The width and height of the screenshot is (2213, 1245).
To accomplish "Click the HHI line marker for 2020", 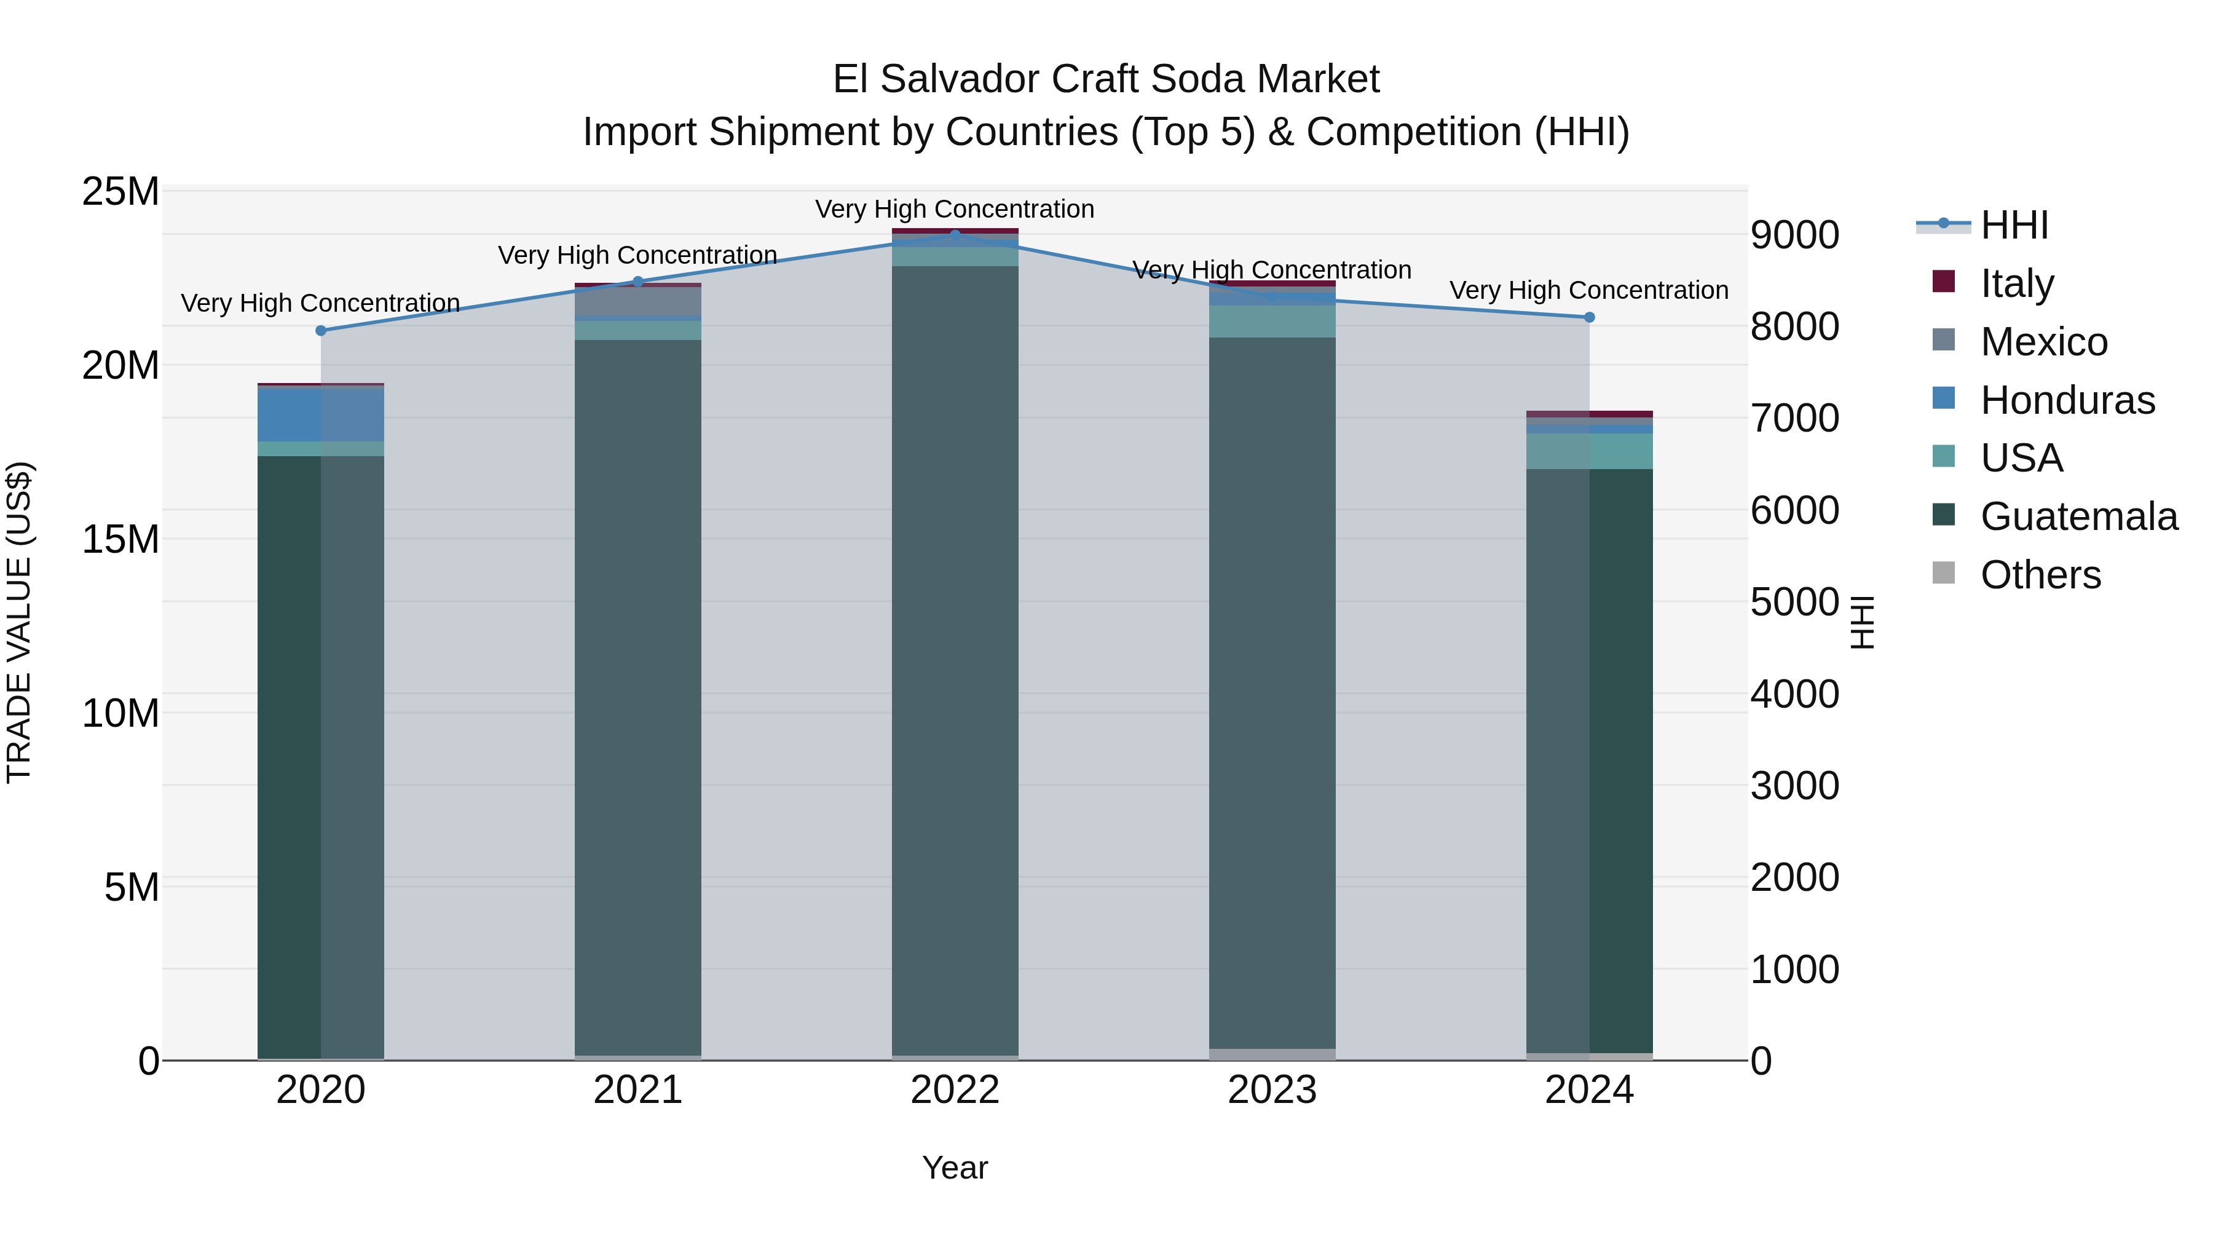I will click(320, 331).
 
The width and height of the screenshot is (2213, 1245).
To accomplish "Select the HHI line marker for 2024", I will click(1589, 317).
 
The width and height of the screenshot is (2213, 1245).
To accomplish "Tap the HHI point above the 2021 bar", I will click(637, 282).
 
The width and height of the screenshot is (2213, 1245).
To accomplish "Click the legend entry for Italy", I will click(2016, 283).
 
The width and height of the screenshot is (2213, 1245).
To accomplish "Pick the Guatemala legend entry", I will click(2078, 516).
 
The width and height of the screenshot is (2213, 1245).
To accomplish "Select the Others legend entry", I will click(2040, 575).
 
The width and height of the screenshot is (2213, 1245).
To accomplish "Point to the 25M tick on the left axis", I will click(120, 192).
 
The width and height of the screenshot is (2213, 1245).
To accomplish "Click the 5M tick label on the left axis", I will click(132, 887).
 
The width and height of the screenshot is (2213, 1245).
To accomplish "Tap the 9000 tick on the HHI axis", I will click(1794, 235).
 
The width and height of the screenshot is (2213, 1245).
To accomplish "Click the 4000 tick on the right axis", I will click(1794, 694).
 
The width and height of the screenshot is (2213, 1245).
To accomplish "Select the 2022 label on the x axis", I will click(955, 1090).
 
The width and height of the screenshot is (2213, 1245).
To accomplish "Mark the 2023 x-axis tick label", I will click(1271, 1090).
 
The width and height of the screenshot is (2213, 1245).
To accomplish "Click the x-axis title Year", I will click(955, 1168).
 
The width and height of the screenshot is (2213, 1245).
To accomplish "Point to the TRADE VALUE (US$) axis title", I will click(20, 623).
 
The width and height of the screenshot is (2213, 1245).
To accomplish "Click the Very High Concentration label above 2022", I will click(955, 210).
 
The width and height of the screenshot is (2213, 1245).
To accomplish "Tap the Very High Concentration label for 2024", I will click(1588, 290).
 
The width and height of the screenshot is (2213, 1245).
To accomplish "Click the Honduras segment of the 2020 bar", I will click(320, 415).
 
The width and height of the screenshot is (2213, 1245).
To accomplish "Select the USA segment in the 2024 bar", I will click(1589, 451).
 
